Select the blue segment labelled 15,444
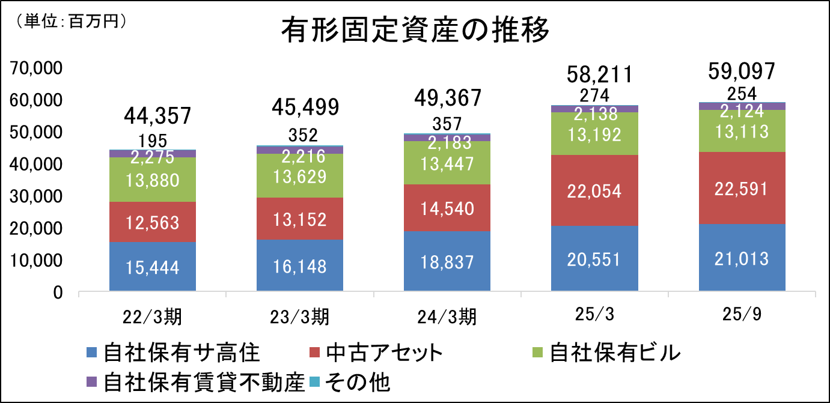pos(153,267)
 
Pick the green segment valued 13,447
pos(447,163)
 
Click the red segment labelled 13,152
pos(299,219)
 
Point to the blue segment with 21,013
pos(742,259)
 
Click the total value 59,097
pos(742,71)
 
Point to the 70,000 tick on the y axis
pos(38,68)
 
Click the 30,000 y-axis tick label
pos(38,196)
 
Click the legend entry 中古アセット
pos(377,353)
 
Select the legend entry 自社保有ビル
pos(608,353)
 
